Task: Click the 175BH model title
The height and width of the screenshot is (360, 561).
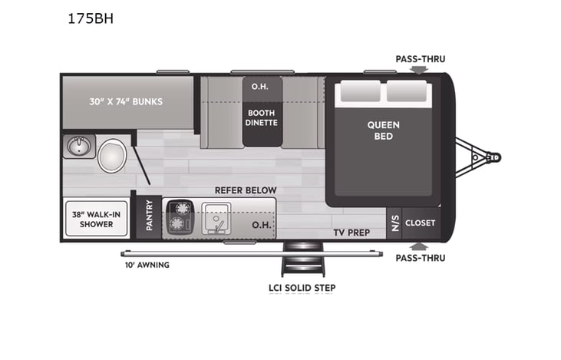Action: pos(91,20)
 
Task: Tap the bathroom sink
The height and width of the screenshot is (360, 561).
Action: pos(80,145)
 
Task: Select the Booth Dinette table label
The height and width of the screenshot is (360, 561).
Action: pos(260,117)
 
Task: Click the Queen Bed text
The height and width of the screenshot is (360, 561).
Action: pos(383,130)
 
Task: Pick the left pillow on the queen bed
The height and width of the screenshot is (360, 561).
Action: pos(358,93)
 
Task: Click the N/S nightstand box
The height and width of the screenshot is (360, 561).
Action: pos(394,223)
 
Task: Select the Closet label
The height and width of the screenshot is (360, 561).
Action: pos(420,223)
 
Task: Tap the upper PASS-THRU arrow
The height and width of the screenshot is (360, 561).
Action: pos(418,70)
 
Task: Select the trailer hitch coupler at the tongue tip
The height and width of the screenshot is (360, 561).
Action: pos(495,157)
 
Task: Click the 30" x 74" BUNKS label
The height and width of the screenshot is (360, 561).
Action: pos(125,101)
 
